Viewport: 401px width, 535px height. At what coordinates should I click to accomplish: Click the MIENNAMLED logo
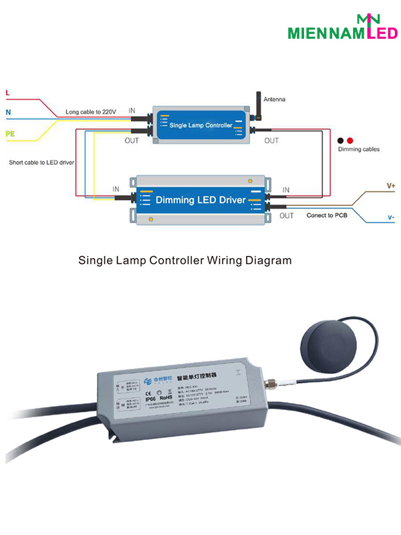[x=342, y=28]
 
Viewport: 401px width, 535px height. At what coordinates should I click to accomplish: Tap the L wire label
[x=7, y=92]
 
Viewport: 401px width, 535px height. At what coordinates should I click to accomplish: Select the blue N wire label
[x=8, y=112]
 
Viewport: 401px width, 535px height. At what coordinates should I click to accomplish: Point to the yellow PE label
[x=10, y=134]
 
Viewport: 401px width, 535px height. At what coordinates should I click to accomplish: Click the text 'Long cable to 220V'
[x=92, y=111]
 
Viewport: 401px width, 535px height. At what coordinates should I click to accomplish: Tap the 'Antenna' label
[x=274, y=99]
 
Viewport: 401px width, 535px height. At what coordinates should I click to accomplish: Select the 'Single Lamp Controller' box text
[x=200, y=125]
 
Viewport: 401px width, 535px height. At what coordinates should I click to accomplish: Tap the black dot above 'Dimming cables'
[x=341, y=140]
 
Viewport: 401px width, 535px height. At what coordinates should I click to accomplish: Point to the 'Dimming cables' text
[x=359, y=149]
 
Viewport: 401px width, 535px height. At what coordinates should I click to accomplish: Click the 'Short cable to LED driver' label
[x=41, y=163]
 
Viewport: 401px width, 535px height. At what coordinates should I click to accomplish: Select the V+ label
[x=391, y=185]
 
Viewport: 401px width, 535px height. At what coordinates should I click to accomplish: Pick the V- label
[x=391, y=217]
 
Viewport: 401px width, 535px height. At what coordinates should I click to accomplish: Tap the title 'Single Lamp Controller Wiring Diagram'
[x=185, y=260]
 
